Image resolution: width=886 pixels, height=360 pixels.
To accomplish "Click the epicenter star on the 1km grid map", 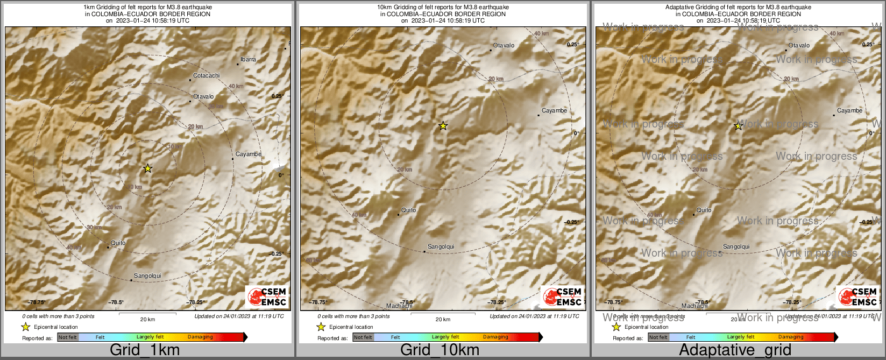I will [x=148, y=168].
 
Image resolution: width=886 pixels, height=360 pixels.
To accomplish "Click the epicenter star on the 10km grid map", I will [x=443, y=126].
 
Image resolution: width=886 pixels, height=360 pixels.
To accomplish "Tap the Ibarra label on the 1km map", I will [x=248, y=60].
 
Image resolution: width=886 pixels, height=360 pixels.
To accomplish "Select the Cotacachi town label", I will [x=206, y=76].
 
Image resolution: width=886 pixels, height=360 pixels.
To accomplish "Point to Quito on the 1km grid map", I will [x=118, y=243].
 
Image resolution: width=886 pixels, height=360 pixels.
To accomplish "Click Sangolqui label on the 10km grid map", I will [x=441, y=247].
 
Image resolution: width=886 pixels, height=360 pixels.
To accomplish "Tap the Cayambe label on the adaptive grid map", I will [x=849, y=111].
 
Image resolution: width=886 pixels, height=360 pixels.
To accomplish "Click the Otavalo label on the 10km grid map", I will [x=504, y=46].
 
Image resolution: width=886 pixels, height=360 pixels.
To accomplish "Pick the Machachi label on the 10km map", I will [x=399, y=306].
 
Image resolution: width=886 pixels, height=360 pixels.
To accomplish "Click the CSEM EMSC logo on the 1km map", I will [x=267, y=297].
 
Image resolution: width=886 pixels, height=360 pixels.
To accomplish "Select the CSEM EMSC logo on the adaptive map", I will [x=858, y=297].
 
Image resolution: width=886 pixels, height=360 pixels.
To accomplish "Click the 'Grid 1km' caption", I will [x=145, y=350].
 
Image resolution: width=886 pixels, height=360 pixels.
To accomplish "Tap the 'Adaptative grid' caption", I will [x=735, y=350].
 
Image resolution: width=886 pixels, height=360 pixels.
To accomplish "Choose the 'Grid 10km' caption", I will [x=440, y=350].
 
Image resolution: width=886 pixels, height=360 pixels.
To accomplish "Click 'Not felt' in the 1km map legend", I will [x=68, y=337].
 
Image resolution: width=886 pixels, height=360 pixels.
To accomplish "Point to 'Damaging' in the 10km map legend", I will [x=495, y=337].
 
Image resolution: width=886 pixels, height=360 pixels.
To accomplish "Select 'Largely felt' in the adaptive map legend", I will [x=741, y=337].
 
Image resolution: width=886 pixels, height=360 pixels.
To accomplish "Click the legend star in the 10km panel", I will [x=321, y=327].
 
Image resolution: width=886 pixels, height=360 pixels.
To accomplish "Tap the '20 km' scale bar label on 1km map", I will [x=147, y=320].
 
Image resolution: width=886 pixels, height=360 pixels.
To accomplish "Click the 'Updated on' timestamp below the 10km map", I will [x=534, y=316].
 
